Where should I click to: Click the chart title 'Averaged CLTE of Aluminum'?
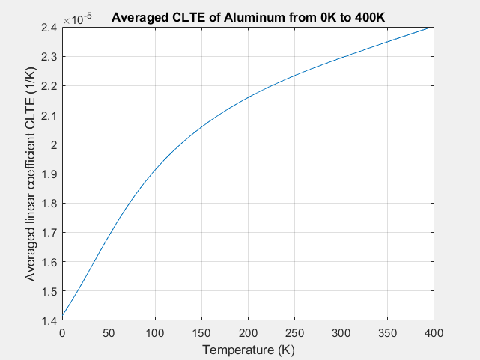[248, 17]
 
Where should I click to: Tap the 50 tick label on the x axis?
[109, 332]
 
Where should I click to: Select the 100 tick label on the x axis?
[155, 332]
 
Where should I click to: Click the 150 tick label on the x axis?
[201, 332]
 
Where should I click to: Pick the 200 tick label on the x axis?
[248, 332]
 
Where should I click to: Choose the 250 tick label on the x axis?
[294, 332]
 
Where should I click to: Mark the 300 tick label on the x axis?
[341, 332]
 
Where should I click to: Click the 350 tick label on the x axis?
[387, 332]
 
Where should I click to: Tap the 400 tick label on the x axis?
[434, 332]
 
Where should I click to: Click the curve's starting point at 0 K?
[63, 315]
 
